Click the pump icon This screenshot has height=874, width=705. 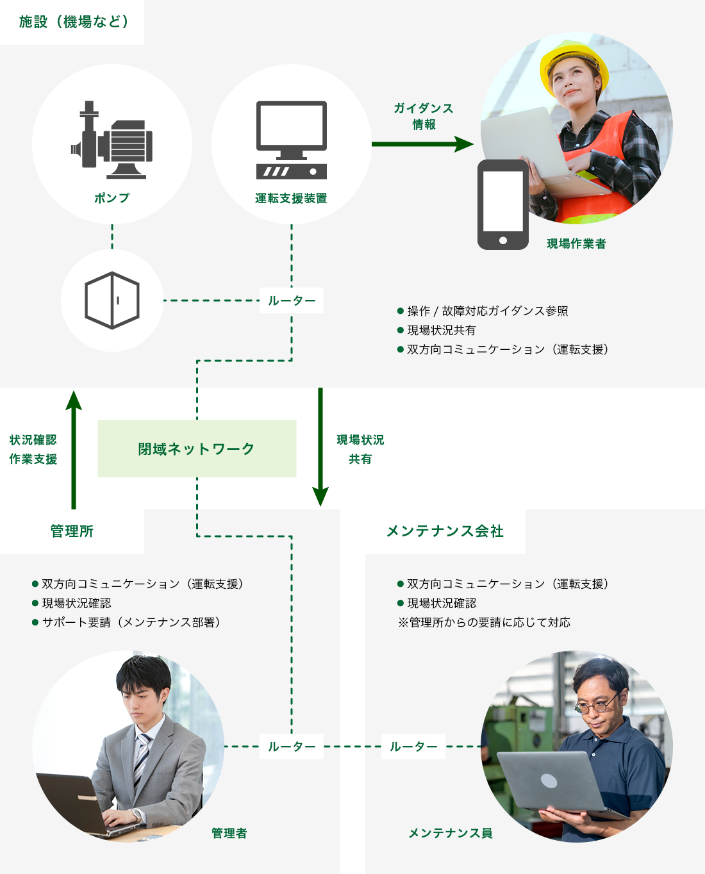click(x=112, y=140)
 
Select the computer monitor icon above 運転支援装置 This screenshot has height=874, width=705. click(x=292, y=140)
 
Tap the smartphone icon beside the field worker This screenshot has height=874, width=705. click(x=503, y=204)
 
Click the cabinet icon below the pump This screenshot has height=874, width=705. click(x=112, y=301)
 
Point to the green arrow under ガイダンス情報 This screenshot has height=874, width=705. click(x=422, y=144)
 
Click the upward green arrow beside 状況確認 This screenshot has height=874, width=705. click(x=74, y=449)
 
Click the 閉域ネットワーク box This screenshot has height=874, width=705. click(x=197, y=449)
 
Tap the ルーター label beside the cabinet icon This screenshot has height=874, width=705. click(x=292, y=301)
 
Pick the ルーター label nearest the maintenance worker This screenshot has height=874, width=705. click(x=413, y=746)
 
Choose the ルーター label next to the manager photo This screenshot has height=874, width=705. click(x=292, y=746)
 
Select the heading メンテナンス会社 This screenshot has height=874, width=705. click(x=445, y=531)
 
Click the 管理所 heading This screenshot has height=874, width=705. click(x=72, y=531)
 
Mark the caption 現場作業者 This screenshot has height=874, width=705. click(x=576, y=243)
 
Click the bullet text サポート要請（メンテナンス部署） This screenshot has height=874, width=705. click(x=131, y=622)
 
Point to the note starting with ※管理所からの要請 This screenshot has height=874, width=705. click(x=484, y=622)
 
